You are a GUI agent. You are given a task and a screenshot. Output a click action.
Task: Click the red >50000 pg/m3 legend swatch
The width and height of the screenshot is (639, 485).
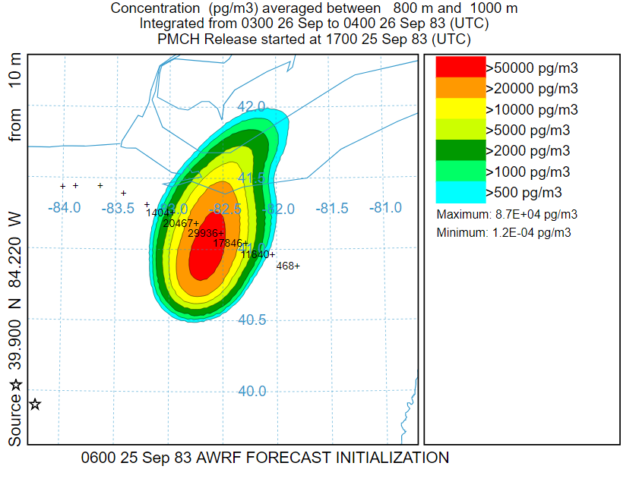coord(460,67)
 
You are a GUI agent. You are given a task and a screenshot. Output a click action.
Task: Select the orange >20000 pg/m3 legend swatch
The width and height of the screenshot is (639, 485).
coord(460,88)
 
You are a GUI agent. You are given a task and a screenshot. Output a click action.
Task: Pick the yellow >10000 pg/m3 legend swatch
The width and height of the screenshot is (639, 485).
coord(460,109)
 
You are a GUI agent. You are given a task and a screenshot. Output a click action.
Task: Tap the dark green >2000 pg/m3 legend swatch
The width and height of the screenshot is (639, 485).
coord(460,150)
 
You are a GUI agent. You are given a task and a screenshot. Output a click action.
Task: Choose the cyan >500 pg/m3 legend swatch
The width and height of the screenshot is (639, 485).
coord(460,192)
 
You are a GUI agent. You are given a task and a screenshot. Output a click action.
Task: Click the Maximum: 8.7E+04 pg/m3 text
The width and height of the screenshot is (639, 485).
coord(507,214)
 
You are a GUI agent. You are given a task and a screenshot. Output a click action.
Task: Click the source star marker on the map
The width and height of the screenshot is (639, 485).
coord(35,404)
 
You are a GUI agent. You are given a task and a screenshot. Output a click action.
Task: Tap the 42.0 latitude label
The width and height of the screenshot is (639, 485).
coord(251,106)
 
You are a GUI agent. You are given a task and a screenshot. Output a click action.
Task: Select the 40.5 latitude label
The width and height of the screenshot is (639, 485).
coord(251,320)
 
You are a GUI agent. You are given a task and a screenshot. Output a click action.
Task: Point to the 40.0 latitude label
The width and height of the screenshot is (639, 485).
coord(251,392)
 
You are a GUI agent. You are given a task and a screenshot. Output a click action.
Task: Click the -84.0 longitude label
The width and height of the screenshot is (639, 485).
coord(64,207)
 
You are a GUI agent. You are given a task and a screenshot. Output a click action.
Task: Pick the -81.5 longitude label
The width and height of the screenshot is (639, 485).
coord(332,207)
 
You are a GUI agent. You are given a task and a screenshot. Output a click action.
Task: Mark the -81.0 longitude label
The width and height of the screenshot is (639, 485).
coord(386,207)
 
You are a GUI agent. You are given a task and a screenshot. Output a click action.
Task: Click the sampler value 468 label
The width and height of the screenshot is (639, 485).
coord(286,266)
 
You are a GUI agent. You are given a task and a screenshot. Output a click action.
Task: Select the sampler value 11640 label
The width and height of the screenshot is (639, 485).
coord(256,254)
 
